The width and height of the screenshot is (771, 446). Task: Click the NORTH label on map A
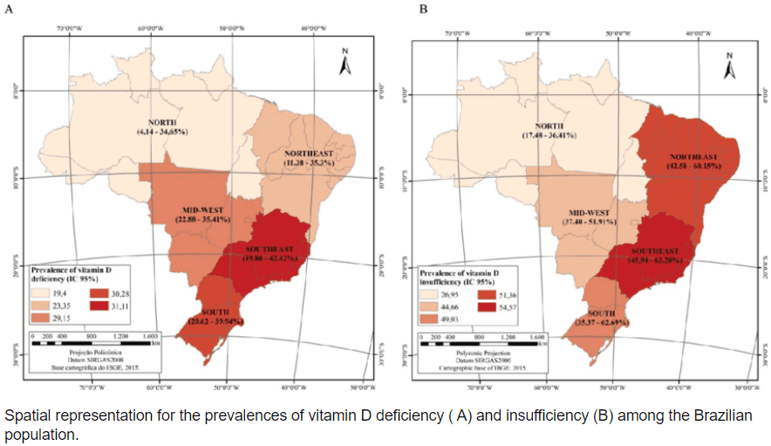coord(162,122)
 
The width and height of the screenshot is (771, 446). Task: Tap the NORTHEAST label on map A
coord(309,154)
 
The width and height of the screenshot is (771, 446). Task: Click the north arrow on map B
coord(731,65)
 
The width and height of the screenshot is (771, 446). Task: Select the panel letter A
coord(8,9)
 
